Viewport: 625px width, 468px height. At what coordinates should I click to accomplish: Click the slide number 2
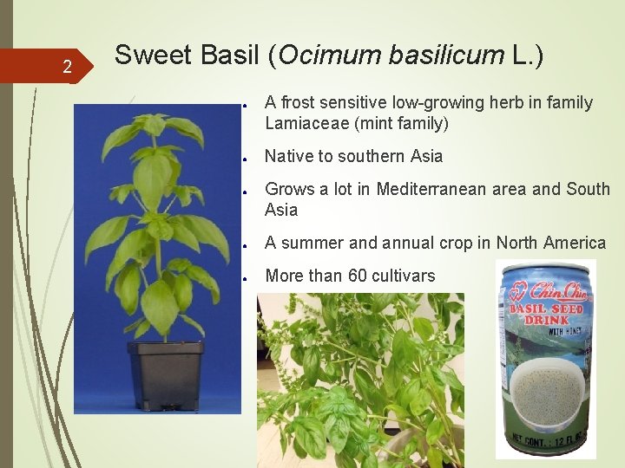coord(67,66)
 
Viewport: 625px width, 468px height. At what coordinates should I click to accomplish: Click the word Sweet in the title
coord(148,55)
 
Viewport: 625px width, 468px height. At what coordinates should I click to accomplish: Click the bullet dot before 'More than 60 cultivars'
coord(247,277)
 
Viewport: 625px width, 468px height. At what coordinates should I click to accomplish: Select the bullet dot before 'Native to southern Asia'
coord(247,158)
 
